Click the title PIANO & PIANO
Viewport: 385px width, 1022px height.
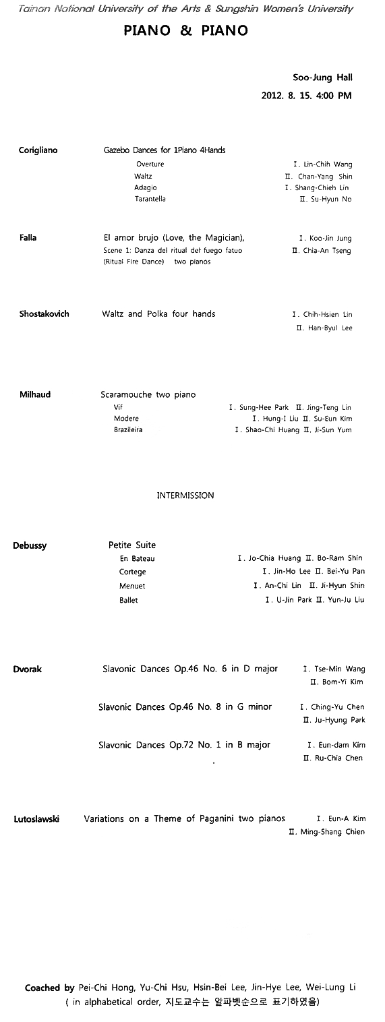(186, 30)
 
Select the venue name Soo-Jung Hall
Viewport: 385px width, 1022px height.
(322, 78)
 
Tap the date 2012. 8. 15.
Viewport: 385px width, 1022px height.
(287, 95)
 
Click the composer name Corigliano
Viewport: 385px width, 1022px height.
(38, 150)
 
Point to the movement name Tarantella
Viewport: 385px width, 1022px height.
(150, 199)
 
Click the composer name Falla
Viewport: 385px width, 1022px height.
(28, 238)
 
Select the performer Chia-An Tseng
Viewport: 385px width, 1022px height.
(327, 251)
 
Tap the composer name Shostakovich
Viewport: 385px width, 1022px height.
(45, 314)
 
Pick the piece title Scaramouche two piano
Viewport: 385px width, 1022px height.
(148, 394)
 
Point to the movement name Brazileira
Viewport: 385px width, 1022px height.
(128, 430)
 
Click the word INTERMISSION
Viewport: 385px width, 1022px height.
(185, 495)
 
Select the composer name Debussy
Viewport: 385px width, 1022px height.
(30, 545)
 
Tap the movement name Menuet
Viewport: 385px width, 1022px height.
(132, 587)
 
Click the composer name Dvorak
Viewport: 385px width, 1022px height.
(28, 669)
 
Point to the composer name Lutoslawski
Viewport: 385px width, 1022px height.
(36, 819)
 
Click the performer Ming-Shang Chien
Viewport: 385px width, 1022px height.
(332, 832)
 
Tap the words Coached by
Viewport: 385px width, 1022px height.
(50, 988)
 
